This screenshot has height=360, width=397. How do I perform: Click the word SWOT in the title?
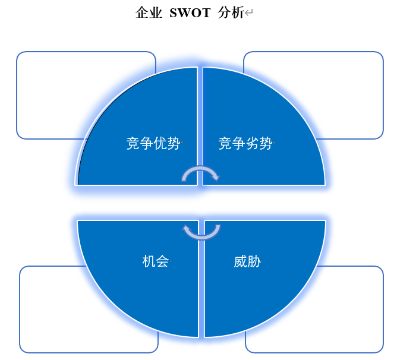click(x=190, y=12)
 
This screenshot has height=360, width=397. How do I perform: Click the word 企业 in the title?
click(x=149, y=12)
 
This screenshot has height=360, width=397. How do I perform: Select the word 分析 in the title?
click(x=231, y=12)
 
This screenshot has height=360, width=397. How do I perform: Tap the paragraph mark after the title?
click(x=249, y=12)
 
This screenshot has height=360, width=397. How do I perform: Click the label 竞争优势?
click(x=153, y=143)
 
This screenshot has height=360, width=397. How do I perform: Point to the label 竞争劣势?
click(x=245, y=143)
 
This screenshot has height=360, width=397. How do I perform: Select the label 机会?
click(x=156, y=261)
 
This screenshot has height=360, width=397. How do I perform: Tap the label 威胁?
click(x=247, y=261)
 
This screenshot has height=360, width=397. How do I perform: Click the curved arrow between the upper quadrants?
click(x=200, y=168)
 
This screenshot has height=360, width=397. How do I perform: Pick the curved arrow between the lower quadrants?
click(x=201, y=238)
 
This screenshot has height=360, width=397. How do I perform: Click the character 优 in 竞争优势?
click(x=160, y=143)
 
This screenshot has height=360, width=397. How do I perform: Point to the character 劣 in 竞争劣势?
click(x=252, y=143)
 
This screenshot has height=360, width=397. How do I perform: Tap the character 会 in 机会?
click(x=162, y=261)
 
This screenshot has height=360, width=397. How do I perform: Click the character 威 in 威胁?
click(x=240, y=261)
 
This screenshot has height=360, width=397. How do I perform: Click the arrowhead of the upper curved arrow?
click(x=215, y=176)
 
